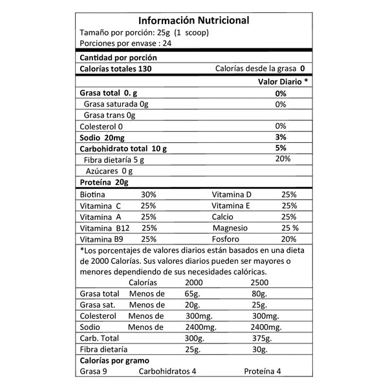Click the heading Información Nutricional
[x=193, y=21]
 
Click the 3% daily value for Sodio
[x=280, y=138]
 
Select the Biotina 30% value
[x=149, y=195]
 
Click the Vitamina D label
[x=232, y=195]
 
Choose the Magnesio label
[x=232, y=228]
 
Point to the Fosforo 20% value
[x=288, y=240]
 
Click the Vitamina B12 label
[x=102, y=228]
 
